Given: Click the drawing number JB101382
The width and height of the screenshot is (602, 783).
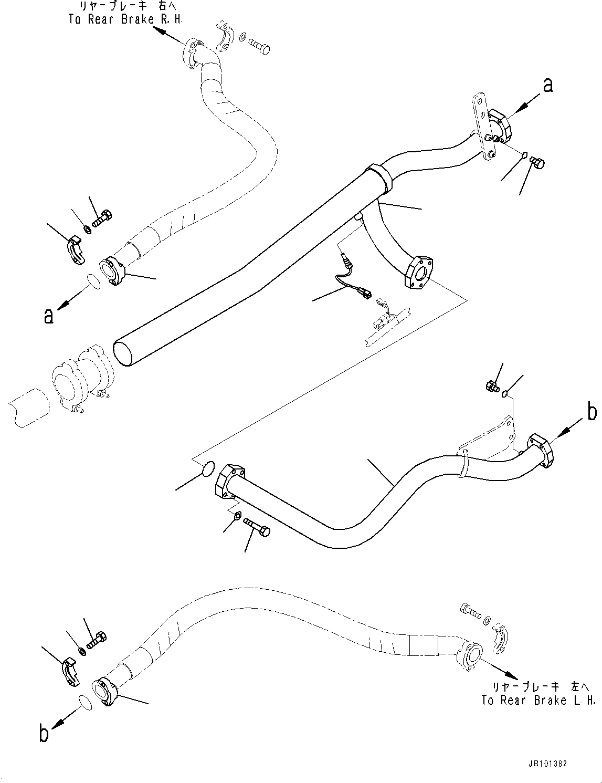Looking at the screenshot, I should (x=545, y=765).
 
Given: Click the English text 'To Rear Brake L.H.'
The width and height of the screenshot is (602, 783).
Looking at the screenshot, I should (x=538, y=700).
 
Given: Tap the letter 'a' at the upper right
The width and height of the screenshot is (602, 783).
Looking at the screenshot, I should (x=547, y=85).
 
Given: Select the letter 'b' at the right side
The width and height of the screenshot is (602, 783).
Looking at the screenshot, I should (x=592, y=412).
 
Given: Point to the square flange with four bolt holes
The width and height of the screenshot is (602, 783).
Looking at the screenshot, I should (x=420, y=272).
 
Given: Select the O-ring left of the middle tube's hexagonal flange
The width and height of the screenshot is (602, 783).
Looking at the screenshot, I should (x=207, y=468).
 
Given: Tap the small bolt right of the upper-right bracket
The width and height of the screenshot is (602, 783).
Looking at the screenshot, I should (x=537, y=163).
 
